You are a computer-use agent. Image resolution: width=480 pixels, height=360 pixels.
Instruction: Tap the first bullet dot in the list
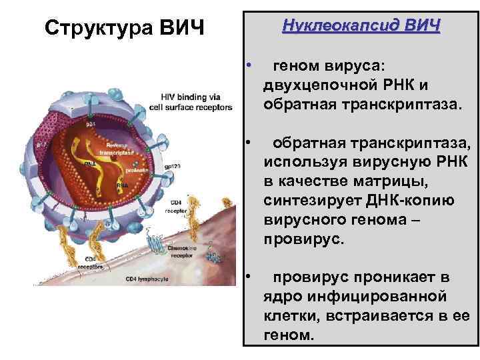pyautogui.click(x=247, y=65)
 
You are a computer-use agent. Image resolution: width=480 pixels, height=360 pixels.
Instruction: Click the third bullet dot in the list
pyautogui.click(x=247, y=274)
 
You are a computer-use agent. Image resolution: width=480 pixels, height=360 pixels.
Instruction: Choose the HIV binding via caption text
pyautogui.click(x=193, y=95)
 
